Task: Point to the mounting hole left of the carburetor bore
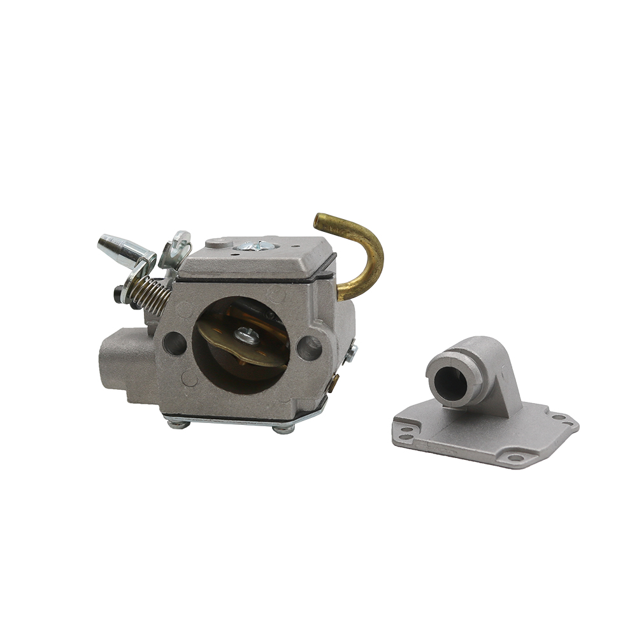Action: [174, 344]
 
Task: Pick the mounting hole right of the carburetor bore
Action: [309, 347]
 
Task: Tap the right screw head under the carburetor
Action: [282, 429]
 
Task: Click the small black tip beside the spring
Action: [118, 294]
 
